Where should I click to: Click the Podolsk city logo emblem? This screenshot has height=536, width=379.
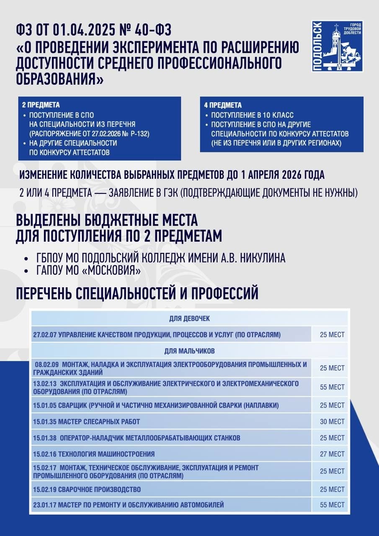[337, 46]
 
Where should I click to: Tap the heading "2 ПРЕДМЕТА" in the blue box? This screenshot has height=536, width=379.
[41, 105]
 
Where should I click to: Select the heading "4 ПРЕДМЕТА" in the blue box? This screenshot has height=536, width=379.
[223, 105]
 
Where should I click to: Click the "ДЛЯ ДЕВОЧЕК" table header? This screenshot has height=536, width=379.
[189, 319]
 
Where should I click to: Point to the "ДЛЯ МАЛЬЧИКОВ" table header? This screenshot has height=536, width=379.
[189, 350]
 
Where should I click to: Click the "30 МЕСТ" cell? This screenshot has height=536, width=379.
[332, 422]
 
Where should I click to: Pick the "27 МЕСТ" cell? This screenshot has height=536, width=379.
[332, 454]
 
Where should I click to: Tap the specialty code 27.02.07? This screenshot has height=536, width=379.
[45, 335]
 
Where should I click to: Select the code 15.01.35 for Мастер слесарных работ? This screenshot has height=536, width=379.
[45, 422]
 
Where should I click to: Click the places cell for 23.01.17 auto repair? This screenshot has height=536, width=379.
[332, 505]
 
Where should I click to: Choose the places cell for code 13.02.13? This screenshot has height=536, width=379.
[332, 387]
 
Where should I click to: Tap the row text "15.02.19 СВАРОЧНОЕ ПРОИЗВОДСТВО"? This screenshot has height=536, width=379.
[87, 489]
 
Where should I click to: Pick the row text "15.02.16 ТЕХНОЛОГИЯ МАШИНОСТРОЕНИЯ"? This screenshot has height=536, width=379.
[94, 454]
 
